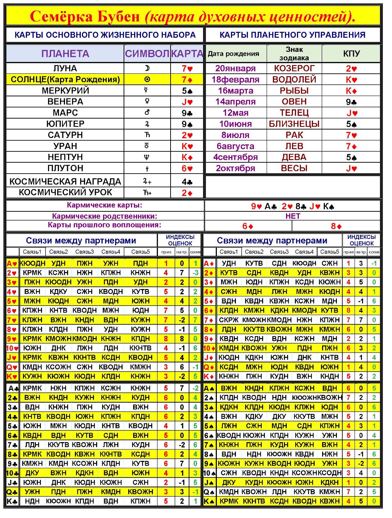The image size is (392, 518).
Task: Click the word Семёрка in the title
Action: (x=61, y=17)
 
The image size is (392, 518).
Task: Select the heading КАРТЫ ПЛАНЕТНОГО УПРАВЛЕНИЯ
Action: (x=292, y=35)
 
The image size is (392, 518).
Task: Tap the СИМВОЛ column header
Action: (x=147, y=54)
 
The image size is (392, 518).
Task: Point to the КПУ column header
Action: (x=351, y=54)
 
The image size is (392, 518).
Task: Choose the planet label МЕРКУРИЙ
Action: (x=65, y=91)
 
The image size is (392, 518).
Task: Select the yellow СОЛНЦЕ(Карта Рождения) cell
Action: (x=65, y=79)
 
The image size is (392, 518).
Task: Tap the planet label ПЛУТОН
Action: (x=65, y=168)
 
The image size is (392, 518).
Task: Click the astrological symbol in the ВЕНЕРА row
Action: (x=147, y=102)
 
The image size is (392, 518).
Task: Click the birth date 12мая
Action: (x=236, y=113)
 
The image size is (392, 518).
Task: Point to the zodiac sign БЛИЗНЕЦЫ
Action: (x=294, y=124)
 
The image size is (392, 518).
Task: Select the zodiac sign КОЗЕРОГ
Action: (x=294, y=68)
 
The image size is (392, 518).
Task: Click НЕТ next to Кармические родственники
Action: (x=293, y=216)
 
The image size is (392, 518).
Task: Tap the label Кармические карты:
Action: (x=105, y=205)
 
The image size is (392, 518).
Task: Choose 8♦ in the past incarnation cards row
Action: (x=336, y=226)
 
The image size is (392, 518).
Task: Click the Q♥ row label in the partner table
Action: (x=12, y=367)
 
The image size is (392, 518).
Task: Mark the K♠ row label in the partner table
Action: (x=209, y=501)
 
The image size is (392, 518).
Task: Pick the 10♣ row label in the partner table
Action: (x=12, y=473)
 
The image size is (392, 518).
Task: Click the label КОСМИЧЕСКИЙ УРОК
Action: (x=65, y=192)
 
